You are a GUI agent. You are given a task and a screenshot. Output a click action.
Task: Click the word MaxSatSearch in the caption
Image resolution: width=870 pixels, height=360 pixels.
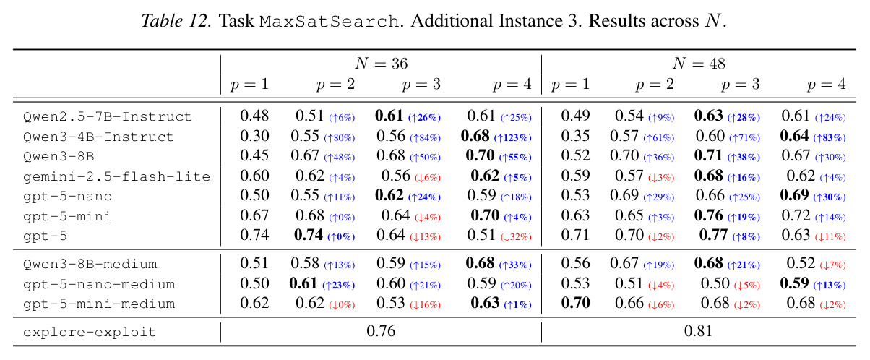coord(329,22)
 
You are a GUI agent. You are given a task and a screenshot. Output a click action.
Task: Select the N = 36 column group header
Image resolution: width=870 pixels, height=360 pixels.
coord(381,64)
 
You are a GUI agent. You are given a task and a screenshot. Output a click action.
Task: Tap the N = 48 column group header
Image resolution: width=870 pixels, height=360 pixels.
coord(699,64)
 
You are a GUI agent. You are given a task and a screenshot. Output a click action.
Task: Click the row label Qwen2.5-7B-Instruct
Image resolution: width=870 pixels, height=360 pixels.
coord(107,117)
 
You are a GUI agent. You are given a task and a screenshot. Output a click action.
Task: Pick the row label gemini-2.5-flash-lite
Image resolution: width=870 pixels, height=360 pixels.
coord(116,176)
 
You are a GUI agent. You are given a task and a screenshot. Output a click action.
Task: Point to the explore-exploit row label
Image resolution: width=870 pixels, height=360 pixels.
coord(90,332)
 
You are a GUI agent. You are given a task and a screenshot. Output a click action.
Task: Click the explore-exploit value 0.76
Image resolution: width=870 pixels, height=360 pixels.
coord(381,331)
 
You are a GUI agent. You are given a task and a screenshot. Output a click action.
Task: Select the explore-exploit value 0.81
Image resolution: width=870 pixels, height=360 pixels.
coord(698,331)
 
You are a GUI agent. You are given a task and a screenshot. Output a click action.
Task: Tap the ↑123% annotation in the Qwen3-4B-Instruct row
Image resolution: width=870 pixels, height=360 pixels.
coord(513,138)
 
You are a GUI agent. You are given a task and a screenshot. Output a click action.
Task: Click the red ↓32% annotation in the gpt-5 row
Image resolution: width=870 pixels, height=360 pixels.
coord(516,237)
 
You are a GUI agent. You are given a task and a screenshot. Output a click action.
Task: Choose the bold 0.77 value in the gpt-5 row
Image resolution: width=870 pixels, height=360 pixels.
coord(713,235)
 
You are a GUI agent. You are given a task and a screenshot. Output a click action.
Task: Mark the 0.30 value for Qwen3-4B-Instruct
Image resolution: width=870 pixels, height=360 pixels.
coord(254,136)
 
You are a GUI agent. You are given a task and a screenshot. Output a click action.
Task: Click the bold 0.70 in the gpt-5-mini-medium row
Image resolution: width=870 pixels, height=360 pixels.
coord(576,303)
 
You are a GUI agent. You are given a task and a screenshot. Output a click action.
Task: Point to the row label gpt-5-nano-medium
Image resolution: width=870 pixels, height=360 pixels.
coord(99,285)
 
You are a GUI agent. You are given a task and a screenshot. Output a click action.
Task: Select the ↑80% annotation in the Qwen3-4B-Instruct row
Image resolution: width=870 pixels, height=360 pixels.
coord(340,138)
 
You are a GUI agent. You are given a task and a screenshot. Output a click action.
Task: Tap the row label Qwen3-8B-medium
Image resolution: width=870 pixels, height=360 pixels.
coord(90,265)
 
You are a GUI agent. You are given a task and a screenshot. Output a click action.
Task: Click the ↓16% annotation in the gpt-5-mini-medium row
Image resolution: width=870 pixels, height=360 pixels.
coord(426,305)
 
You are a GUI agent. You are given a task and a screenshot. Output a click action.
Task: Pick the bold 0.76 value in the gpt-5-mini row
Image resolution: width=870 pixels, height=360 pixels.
coord(708,215)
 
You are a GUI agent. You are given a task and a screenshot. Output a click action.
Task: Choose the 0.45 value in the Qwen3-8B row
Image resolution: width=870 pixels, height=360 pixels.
coord(254,155)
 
